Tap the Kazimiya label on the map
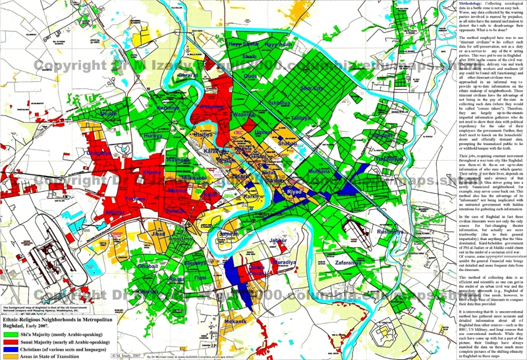click(x=169, y=107)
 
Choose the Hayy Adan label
click(x=277, y=45)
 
